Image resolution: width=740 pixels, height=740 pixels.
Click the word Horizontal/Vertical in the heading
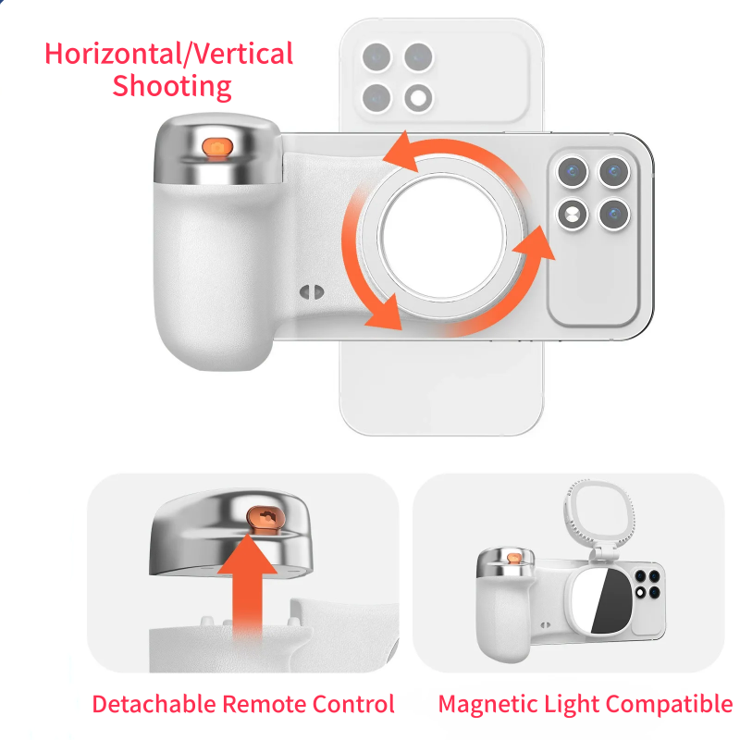tap(169, 53)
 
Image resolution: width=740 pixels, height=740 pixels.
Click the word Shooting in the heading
tap(171, 86)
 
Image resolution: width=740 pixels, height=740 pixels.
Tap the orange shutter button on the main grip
tap(218, 146)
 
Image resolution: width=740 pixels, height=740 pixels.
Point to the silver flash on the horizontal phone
tap(572, 216)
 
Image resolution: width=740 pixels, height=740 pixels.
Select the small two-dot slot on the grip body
tap(311, 293)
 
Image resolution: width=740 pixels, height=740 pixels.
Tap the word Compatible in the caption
tap(666, 704)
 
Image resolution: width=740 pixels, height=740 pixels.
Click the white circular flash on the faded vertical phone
tap(420, 96)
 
